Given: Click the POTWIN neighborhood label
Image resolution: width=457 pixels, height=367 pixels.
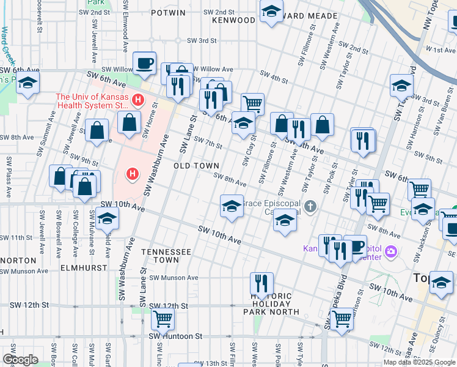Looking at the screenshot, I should coord(151,12).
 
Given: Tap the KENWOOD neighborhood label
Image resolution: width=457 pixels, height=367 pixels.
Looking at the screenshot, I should coord(233,20).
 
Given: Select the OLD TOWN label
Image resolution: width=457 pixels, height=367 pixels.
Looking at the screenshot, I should coord(196,166).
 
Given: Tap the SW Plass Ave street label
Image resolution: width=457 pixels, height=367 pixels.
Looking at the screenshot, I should coord(9,177).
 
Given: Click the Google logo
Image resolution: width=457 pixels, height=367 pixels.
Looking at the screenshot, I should coord(20,360).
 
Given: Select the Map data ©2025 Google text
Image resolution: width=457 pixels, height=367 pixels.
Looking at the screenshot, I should coord(419,362).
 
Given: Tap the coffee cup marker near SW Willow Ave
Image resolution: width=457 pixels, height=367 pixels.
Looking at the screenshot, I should coord(144,63).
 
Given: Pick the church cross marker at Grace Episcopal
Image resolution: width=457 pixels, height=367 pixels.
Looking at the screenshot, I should coord(310,207).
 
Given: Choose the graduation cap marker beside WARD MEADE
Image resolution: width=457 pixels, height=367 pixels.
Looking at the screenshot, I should coord(271,11).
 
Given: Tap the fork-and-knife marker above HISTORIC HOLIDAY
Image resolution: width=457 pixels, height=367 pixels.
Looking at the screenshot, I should coord(261,283).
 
